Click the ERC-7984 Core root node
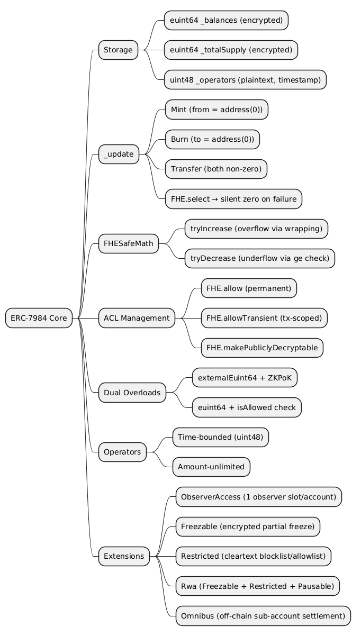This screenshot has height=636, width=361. coord(39,318)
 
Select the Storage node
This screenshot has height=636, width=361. coord(118,50)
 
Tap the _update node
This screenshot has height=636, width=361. coord(119,155)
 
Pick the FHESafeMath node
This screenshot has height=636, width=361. coord(129,243)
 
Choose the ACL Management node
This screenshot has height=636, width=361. coord(137,318)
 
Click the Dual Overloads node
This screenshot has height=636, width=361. coord(132,393)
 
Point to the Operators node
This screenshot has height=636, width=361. coord(122,452)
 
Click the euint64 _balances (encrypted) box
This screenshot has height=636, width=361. coord(226,21)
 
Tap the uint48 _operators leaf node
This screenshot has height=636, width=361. coord(245,80)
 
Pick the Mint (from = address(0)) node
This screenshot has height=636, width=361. coord(216,110)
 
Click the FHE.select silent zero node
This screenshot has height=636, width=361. coord(233,199)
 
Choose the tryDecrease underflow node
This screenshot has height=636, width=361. coord(259,258)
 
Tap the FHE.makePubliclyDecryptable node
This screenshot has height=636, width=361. coord(261,348)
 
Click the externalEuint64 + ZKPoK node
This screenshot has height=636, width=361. coord(244,378)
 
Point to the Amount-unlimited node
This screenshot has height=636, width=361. coord(211,467)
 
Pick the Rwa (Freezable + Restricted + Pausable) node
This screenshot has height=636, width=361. coord(257,586)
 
